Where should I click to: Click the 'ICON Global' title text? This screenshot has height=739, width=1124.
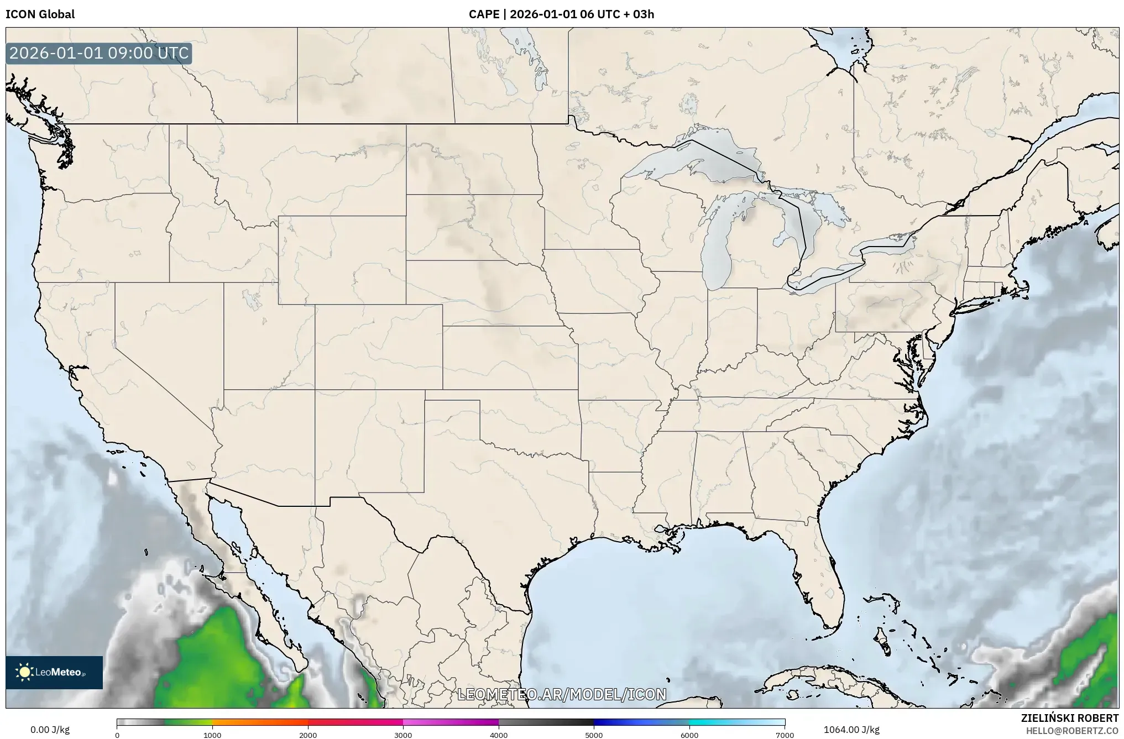point(40,14)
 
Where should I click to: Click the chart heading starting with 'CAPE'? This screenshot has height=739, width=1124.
point(561,14)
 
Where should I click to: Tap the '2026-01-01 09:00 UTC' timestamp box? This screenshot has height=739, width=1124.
point(99,54)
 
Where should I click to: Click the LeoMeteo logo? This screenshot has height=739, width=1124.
point(54,672)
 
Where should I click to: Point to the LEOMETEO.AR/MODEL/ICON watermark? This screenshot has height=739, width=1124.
point(562,694)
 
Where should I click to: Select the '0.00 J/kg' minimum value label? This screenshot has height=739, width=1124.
point(50,730)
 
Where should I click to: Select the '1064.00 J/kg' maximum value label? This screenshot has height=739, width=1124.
point(851,730)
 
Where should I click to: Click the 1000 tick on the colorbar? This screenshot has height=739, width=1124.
point(212,735)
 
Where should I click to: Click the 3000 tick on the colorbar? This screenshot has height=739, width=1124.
point(403,735)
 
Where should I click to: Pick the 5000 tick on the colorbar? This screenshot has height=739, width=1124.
point(594,735)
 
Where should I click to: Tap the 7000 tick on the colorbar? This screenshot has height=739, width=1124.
point(785,735)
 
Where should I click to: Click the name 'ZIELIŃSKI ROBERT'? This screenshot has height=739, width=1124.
point(1069,718)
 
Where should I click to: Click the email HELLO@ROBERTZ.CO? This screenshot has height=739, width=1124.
point(1072,731)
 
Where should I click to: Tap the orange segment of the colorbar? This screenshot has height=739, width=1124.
point(260,722)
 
